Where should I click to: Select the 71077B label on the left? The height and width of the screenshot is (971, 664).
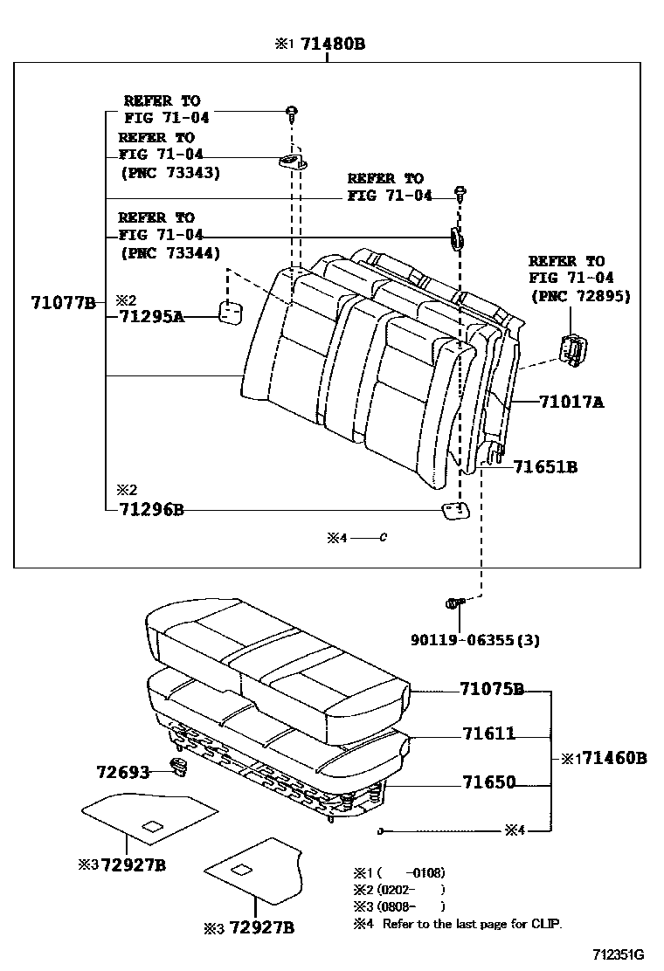tap(64, 303)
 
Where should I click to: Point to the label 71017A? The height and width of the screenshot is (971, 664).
tap(571, 403)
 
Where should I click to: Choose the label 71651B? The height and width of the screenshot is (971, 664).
tap(545, 467)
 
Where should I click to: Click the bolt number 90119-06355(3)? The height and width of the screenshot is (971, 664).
tap(474, 640)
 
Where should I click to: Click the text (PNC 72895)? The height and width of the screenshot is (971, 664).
tap(580, 296)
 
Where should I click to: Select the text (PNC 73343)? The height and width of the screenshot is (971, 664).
tap(169, 173)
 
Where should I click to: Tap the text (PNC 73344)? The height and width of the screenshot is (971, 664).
tap(169, 253)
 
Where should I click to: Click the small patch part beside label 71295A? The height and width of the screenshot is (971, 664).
tap(230, 313)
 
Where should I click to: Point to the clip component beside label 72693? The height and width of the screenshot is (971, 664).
tap(180, 768)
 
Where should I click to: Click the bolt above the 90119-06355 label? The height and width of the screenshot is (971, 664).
tap(453, 603)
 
